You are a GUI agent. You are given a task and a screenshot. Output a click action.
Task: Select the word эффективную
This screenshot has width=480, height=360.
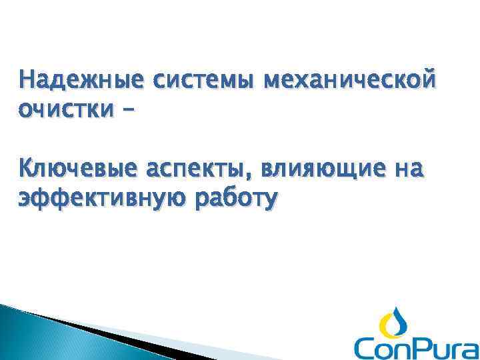(97, 198)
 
